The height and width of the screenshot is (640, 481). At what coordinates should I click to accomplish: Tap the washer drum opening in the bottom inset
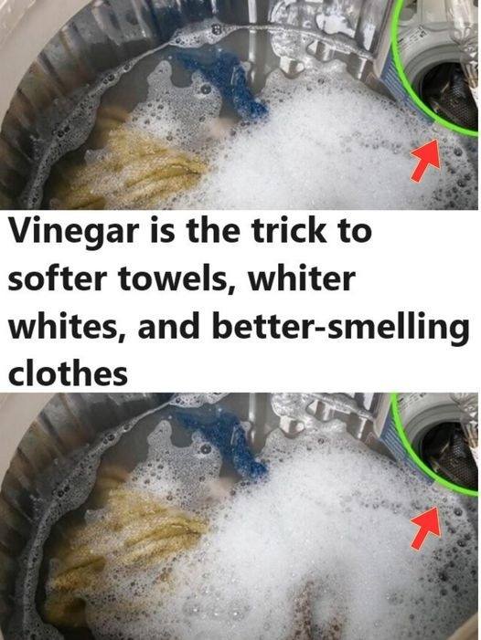point(450,453)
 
